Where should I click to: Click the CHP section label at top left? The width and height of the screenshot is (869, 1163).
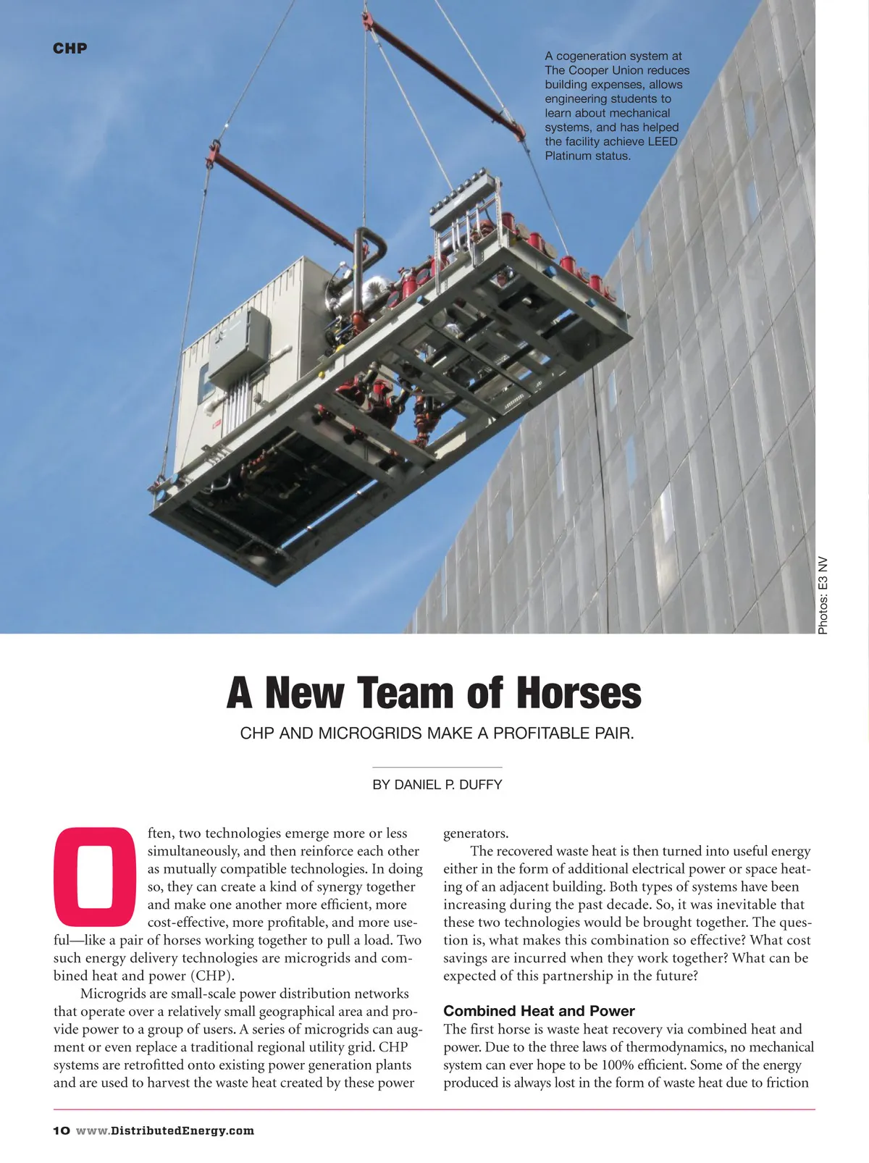[x=70, y=49]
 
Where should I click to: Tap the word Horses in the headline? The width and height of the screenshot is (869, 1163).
[x=578, y=693]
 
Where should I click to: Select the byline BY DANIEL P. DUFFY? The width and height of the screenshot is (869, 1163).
[x=437, y=785]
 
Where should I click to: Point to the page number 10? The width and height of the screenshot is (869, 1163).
[x=61, y=1131]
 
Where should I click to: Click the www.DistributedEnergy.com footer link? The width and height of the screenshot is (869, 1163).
[x=165, y=1131]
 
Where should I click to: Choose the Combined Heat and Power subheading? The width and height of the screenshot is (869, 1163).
[x=539, y=1011]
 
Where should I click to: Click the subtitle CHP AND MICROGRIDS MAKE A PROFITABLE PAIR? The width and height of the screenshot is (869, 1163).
[x=437, y=733]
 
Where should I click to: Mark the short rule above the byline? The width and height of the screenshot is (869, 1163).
[x=437, y=767]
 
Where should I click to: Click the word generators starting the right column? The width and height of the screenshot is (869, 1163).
[x=475, y=834]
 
